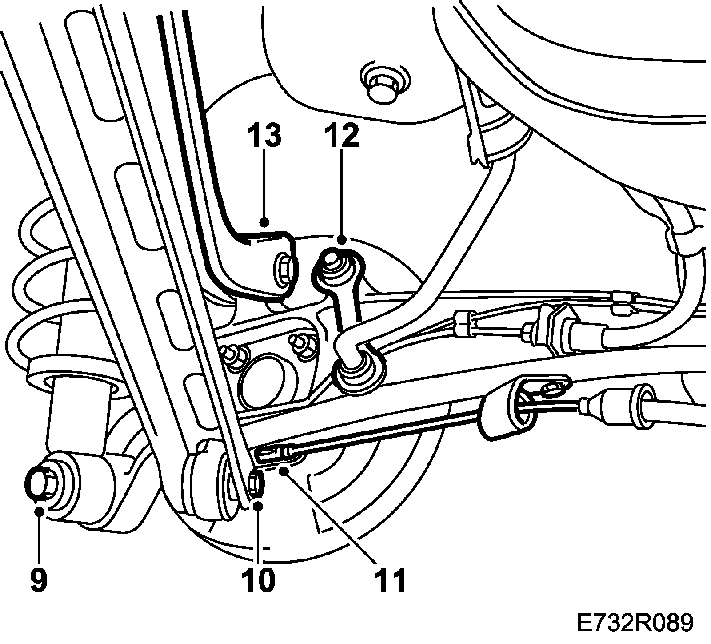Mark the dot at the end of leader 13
[x=265, y=221]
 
